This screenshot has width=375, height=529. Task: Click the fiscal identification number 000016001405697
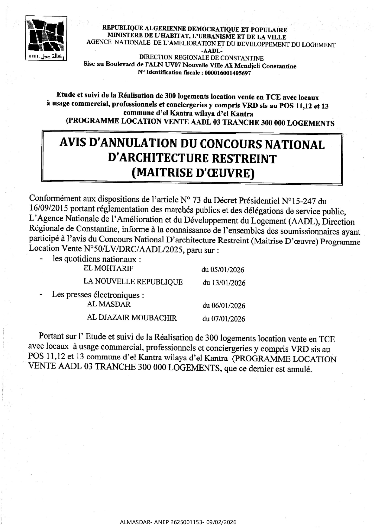point(228,73)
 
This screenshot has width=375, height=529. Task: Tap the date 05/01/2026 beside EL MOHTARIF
point(223,270)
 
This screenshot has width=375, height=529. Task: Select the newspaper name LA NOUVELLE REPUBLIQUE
point(133,282)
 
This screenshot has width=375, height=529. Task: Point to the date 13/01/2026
point(224,283)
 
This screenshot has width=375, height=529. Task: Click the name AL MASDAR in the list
point(109,304)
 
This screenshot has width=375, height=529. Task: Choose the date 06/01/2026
point(224,306)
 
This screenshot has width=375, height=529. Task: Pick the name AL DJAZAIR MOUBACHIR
point(132,317)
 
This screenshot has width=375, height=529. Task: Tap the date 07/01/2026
point(224,319)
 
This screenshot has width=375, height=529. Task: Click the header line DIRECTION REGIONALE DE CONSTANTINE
point(201,58)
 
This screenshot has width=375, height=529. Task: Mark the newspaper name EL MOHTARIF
point(108,268)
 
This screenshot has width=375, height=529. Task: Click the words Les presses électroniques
point(97,294)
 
